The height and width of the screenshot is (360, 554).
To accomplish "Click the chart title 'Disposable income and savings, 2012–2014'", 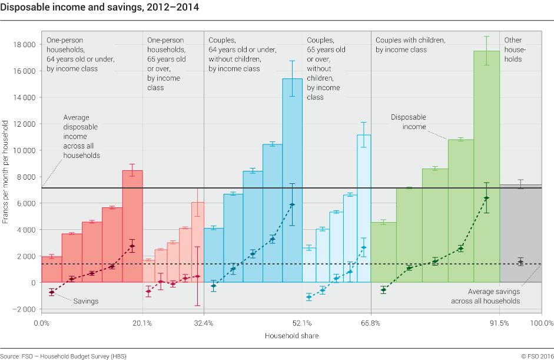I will [99, 8].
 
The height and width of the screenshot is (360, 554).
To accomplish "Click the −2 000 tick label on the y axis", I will [24, 309].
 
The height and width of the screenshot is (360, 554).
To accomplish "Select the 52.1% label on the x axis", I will [302, 323].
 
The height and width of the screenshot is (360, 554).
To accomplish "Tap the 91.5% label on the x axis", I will [499, 323].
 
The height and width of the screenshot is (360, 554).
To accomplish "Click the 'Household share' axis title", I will [291, 336].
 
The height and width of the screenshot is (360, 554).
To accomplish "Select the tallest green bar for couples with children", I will [486, 165].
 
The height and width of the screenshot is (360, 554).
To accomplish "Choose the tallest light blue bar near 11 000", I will [364, 206].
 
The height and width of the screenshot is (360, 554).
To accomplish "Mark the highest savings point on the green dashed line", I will [486, 198].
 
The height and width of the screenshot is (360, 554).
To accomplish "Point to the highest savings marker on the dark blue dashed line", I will [292, 204].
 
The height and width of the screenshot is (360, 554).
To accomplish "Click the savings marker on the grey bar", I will [520, 262].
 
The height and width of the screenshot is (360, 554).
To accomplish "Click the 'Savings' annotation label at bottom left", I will [86, 301].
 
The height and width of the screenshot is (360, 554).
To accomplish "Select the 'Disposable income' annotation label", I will [409, 122].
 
